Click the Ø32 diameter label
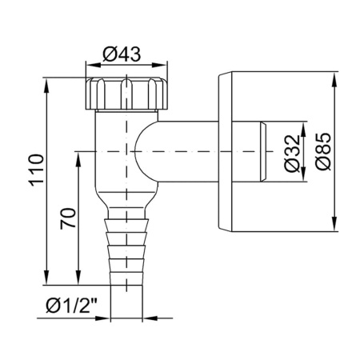292,152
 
